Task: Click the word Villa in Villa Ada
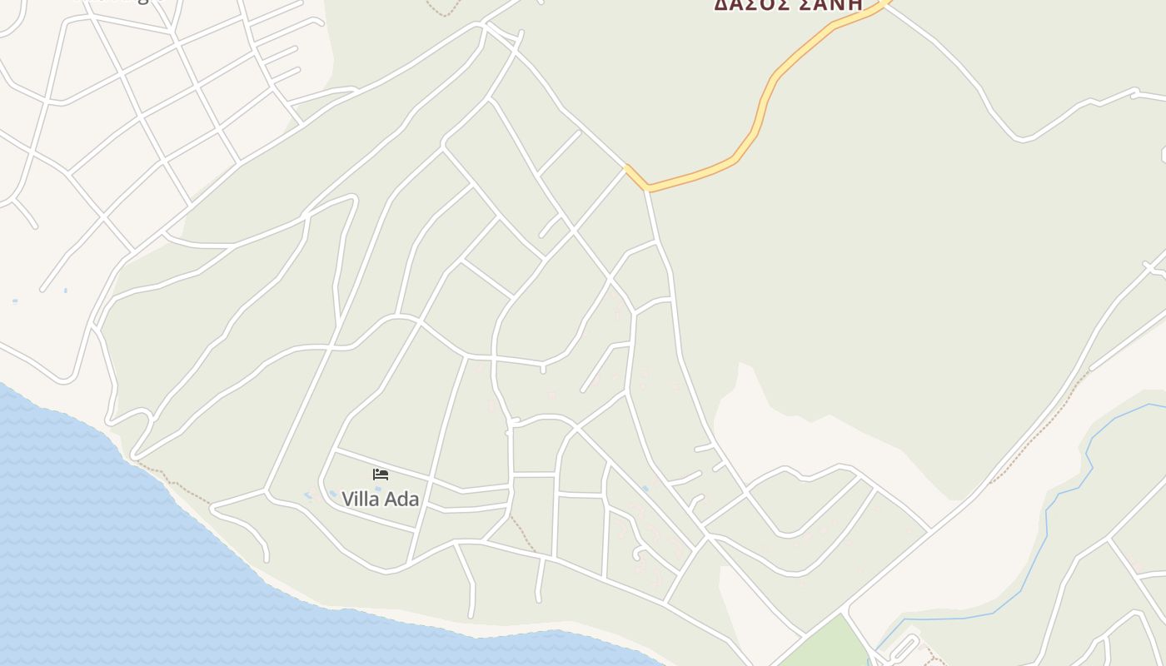(360, 499)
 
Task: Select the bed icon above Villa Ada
(381, 475)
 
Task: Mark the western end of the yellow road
(627, 167)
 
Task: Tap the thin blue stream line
(1046, 533)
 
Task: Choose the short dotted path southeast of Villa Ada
(523, 533)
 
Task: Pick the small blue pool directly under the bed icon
(377, 489)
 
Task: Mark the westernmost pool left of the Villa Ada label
(309, 497)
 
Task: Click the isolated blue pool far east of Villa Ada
(645, 489)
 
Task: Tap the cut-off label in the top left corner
(117, 2)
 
